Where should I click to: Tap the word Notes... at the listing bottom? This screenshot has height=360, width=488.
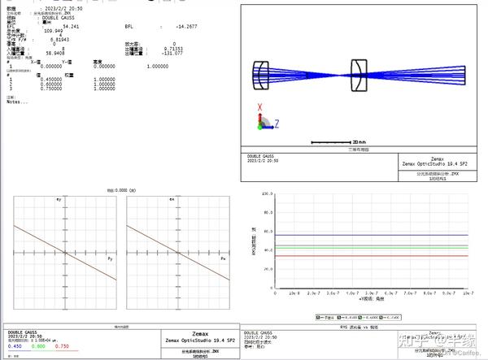(17, 102)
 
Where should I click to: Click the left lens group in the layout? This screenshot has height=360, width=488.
(261, 76)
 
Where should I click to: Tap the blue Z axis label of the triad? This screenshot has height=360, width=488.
(277, 123)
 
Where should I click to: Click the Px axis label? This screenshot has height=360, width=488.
(224, 258)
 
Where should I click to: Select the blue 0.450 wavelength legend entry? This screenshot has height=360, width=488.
(15, 346)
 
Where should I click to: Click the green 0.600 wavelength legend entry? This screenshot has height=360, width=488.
(37, 346)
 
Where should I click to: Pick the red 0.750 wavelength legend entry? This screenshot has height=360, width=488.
(61, 346)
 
